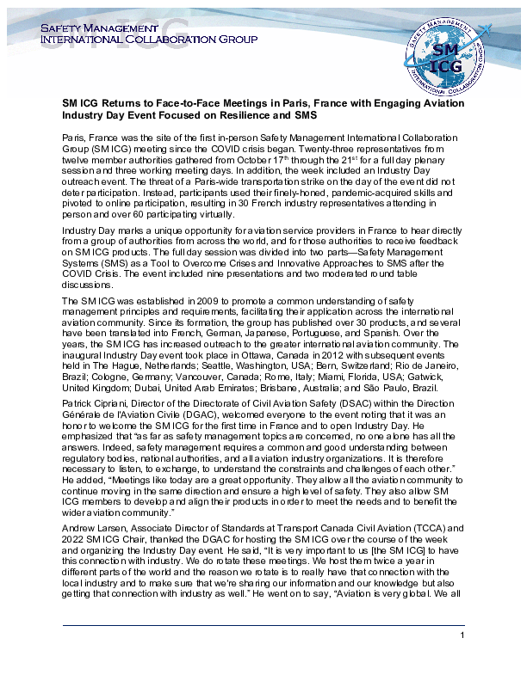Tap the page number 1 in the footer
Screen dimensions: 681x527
[462, 635]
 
